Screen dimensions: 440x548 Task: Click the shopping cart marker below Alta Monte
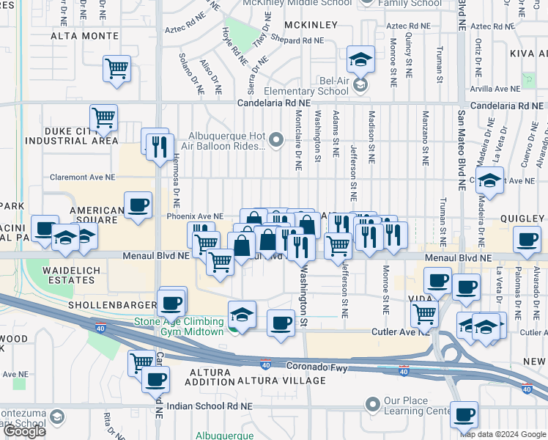[x=116, y=70]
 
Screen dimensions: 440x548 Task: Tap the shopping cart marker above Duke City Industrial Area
[x=104, y=117]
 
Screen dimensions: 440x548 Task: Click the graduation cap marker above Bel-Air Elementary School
[x=360, y=58]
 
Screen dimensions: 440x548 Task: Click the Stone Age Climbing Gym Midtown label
[x=178, y=326]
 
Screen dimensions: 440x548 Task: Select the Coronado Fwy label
[x=295, y=365]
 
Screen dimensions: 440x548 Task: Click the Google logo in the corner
[x=24, y=431]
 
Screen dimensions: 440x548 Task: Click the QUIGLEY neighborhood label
[x=523, y=219]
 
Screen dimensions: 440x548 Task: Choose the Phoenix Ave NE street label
[x=195, y=216]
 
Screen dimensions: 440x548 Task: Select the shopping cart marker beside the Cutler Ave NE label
[x=424, y=314]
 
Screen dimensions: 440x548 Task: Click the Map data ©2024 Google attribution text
[x=503, y=433]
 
